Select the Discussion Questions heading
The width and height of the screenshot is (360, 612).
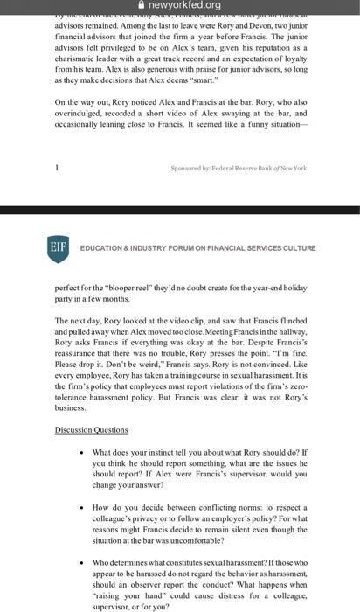(91, 430)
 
